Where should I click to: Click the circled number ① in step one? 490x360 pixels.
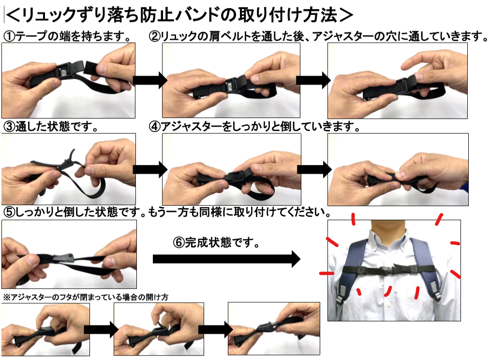pyautogui.click(x=9, y=36)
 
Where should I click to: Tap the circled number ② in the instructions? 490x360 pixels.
pyautogui.click(x=155, y=36)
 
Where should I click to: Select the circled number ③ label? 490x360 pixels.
pyautogui.click(x=9, y=127)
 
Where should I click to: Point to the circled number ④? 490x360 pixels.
pyautogui.click(x=155, y=127)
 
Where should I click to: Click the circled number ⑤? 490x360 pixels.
pyautogui.click(x=9, y=212)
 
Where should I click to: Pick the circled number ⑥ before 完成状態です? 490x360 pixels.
pyautogui.click(x=178, y=242)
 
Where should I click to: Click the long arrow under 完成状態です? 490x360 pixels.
pyautogui.click(x=226, y=259)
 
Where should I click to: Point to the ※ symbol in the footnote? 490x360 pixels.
pyautogui.click(x=7, y=297)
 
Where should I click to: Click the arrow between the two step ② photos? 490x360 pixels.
pyautogui.click(x=313, y=80)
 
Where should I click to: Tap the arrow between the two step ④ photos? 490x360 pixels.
pyautogui.click(x=314, y=169)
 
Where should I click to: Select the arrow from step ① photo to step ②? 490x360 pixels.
pyautogui.click(x=150, y=80)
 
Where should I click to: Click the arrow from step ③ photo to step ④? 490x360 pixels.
pyautogui.click(x=150, y=169)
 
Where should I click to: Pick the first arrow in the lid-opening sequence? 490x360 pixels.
pyautogui.click(x=101, y=330)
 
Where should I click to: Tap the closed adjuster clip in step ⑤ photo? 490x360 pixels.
pyautogui.click(x=64, y=258)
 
